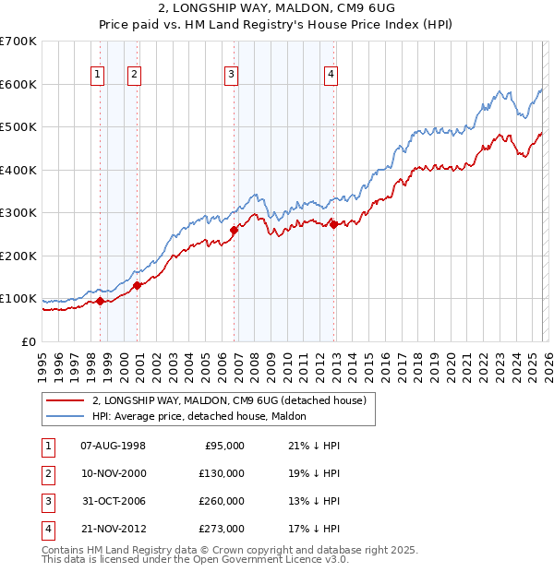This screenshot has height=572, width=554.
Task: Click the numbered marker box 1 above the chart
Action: [97, 76]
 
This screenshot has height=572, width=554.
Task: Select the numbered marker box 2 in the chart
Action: [134, 76]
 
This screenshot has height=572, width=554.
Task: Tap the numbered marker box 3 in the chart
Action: [231, 76]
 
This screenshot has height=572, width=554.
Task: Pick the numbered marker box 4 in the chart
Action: [330, 76]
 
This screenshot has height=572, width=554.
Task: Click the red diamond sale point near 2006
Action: [235, 231]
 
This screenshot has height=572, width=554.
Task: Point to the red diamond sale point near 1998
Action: [100, 301]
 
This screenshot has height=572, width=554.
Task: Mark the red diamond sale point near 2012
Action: [333, 224]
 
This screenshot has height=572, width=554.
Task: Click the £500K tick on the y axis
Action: [18, 126]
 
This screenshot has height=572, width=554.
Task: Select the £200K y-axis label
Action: [18, 256]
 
